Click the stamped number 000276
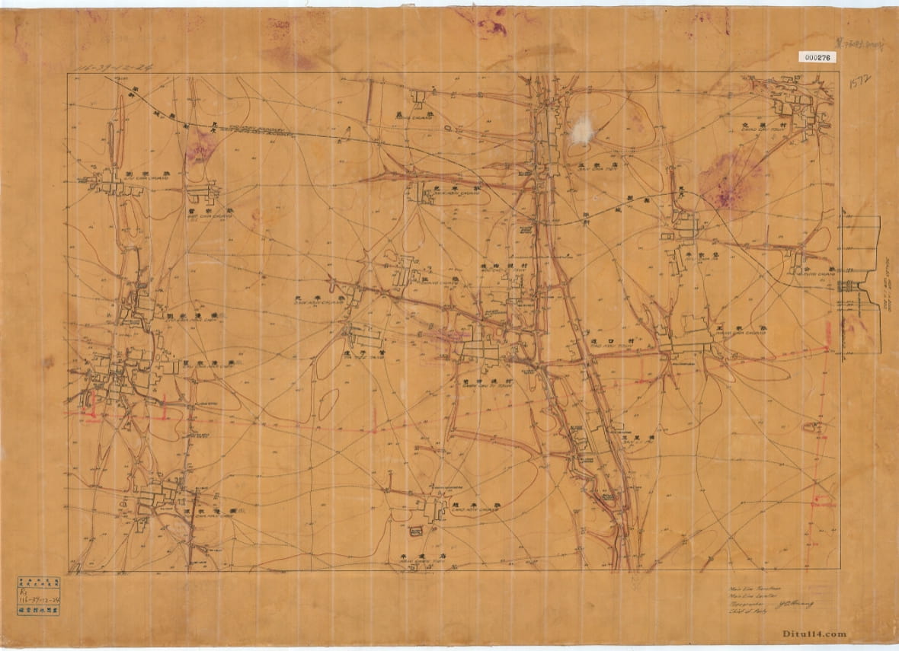pyautogui.click(x=817, y=57)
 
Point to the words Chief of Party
pyautogui.click(x=744, y=611)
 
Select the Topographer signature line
pyautogui.click(x=769, y=603)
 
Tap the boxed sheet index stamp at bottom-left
pyautogui.click(x=39, y=595)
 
